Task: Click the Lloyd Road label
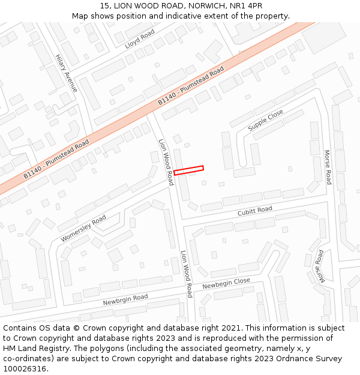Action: point(139,38)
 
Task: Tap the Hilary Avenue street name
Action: point(67,73)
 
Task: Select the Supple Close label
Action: point(265,120)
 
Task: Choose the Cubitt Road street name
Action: point(254,210)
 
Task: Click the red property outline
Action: point(188,170)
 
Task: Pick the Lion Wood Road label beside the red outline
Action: point(166,162)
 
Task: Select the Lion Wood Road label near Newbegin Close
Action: point(187,274)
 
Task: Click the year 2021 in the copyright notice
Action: point(231,328)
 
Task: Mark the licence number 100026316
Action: point(25,369)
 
